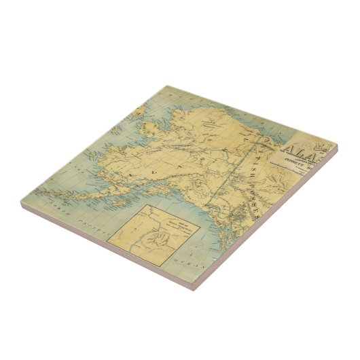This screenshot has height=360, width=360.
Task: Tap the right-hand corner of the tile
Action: [336, 145]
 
